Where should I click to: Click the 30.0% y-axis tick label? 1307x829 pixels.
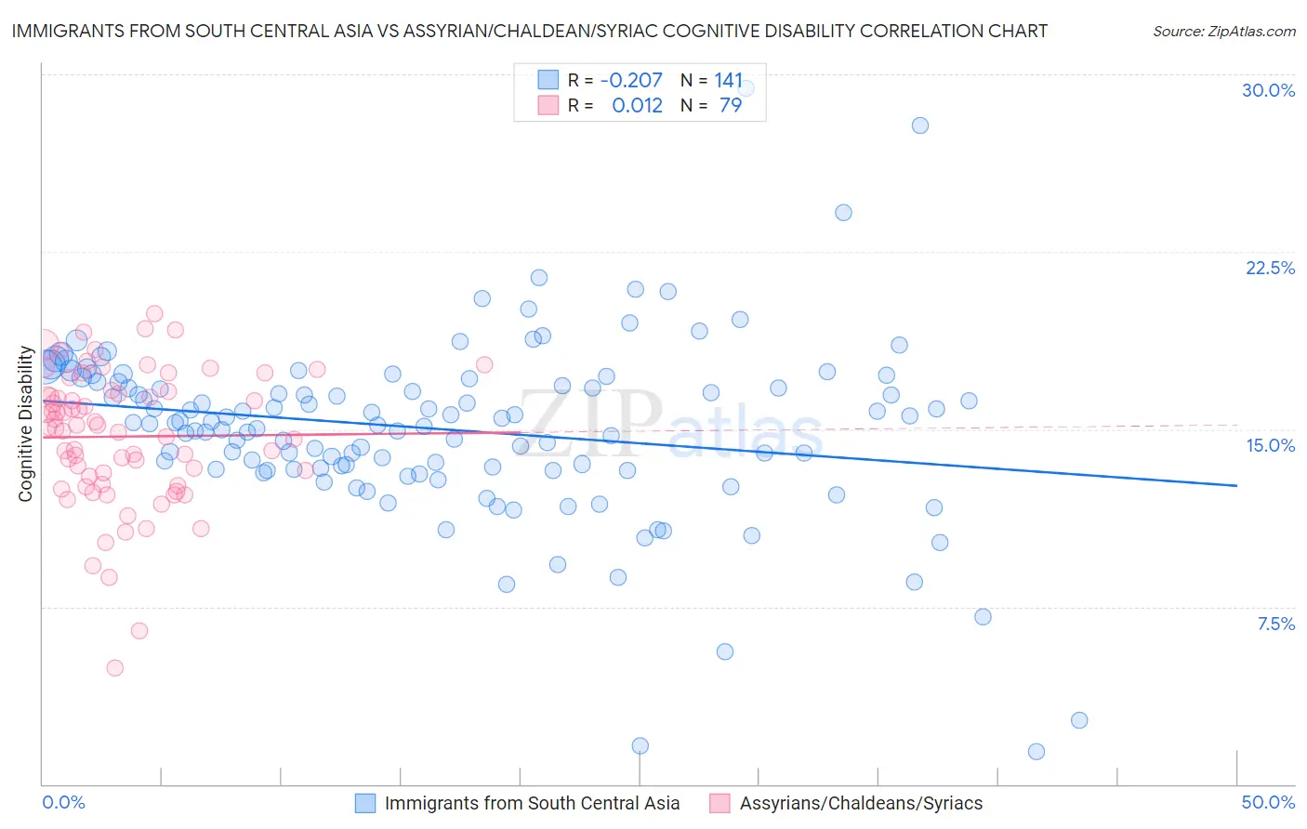pyautogui.click(x=1268, y=90)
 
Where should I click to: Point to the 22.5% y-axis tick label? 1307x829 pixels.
pyautogui.click(x=1270, y=268)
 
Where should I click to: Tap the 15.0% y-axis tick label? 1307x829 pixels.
pyautogui.click(x=1270, y=445)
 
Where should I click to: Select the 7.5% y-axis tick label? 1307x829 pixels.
pyautogui.click(x=1275, y=624)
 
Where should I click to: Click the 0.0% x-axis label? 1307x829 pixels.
pyautogui.click(x=63, y=802)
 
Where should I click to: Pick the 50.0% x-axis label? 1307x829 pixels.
pyautogui.click(x=1268, y=802)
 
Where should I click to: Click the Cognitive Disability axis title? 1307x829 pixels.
pyautogui.click(x=25, y=424)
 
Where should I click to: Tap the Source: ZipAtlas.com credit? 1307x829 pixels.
pyautogui.click(x=1223, y=31)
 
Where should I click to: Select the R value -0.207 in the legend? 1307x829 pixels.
pyautogui.click(x=631, y=80)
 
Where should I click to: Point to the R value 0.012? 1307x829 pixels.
pyautogui.click(x=637, y=105)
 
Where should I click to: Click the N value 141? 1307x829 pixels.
pyautogui.click(x=728, y=80)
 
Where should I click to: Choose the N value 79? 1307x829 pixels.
pyautogui.click(x=731, y=105)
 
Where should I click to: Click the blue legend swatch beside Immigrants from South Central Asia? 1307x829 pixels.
pyautogui.click(x=365, y=803)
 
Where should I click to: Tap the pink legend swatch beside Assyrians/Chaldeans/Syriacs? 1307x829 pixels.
pyautogui.click(x=720, y=803)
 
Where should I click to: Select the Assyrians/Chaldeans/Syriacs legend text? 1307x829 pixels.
pyautogui.click(x=861, y=803)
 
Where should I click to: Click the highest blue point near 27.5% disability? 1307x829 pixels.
pyautogui.click(x=919, y=125)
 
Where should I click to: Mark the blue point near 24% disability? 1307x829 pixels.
pyautogui.click(x=843, y=213)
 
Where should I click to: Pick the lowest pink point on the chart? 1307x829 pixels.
pyautogui.click(x=115, y=667)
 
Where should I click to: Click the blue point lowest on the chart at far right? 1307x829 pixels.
pyautogui.click(x=1036, y=751)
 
